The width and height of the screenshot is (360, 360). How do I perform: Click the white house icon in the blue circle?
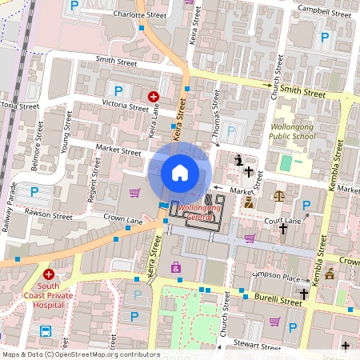tap(180, 172)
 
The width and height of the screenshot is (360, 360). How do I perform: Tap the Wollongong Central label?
tap(201, 211)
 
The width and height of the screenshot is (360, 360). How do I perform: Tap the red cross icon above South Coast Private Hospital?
tap(49, 274)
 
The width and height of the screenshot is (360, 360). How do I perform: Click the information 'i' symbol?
tap(240, 160)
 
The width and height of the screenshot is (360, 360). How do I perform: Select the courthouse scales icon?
tap(278, 195)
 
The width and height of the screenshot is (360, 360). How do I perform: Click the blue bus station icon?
tap(46, 330)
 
